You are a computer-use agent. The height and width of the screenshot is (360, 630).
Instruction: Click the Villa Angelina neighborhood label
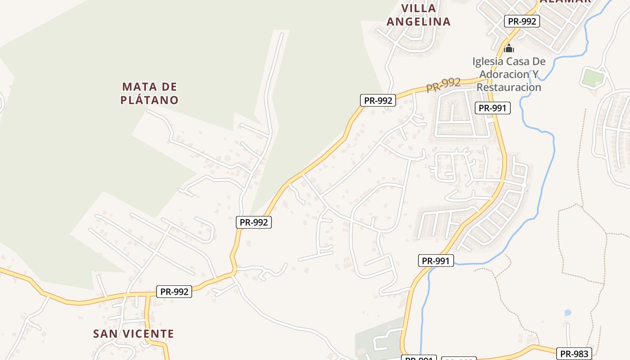click(x=418, y=15)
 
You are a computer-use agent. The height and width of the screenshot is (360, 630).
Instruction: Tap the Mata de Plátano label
click(x=149, y=93)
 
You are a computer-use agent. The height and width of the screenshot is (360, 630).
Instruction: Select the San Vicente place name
click(x=133, y=334)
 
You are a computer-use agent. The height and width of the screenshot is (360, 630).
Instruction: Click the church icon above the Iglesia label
click(x=509, y=48)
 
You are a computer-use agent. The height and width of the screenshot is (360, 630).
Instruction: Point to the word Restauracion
click(x=509, y=87)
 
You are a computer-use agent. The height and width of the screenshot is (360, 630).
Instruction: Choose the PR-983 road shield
click(x=574, y=354)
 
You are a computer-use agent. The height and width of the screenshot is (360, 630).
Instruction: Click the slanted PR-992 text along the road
click(x=444, y=85)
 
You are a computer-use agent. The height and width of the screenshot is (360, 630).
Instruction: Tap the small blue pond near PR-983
click(x=567, y=313)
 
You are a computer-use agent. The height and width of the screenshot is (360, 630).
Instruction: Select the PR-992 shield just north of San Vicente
click(x=175, y=292)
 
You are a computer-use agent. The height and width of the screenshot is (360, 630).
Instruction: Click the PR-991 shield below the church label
click(x=493, y=108)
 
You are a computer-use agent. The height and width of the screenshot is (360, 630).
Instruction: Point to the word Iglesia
click(x=488, y=61)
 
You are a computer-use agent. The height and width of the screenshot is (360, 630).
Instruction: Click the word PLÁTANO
click(x=149, y=100)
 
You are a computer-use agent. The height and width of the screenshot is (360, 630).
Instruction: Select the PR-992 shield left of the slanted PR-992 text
click(x=378, y=100)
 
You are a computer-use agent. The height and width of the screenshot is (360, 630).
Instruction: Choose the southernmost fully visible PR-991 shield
click(x=436, y=261)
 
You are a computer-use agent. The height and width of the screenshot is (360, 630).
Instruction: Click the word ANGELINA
click(x=418, y=22)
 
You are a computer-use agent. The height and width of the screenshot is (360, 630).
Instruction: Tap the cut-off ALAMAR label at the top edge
click(x=565, y=2)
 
